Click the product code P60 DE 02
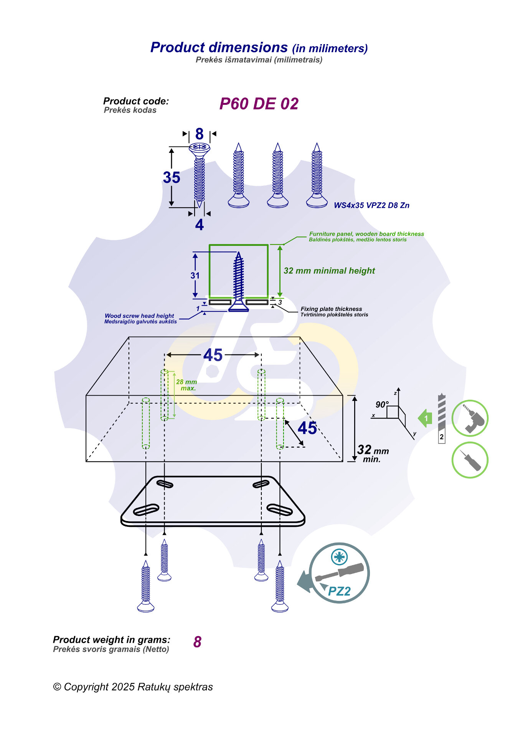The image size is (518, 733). coord(259,104)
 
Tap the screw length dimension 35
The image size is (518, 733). coord(172,177)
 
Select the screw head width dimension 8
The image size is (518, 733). coord(199,134)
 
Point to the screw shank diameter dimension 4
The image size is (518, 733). coord(199,225)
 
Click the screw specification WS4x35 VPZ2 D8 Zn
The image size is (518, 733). coord(371,205)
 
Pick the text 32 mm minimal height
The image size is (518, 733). coord(329,271)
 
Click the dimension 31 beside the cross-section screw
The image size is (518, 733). coord(195,275)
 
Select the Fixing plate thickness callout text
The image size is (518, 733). coord(332,309)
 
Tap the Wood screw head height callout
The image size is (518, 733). coord(139,316)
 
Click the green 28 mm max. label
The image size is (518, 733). coord(186,385)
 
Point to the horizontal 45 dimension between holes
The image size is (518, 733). coord(213,355)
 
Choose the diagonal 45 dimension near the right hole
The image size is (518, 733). coord(307,429)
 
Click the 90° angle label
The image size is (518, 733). coord(382,405)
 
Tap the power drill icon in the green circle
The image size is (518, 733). coord(470,419)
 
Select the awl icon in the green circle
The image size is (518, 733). coord(470,460)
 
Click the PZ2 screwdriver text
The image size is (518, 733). coord(340,591)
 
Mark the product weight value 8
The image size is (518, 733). coord(197,642)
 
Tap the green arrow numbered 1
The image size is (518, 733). coord(425,419)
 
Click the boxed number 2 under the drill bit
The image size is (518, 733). coord(442,437)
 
